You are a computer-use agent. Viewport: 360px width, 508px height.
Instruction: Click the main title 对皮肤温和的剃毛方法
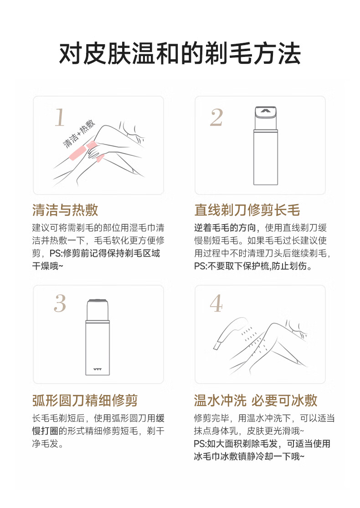pos(180,53)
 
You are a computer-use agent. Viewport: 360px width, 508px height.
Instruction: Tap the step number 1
pos(60,117)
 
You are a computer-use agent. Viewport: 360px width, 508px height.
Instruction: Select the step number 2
pos(216,117)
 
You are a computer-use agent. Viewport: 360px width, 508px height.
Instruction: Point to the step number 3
pos(60,303)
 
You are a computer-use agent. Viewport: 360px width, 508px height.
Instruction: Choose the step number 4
pos(216,303)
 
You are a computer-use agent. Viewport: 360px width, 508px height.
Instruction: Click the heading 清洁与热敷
pos(65,210)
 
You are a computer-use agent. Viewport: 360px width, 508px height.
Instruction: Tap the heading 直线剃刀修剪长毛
pos(247,210)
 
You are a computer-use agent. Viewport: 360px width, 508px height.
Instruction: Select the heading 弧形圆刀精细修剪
pos(85,400)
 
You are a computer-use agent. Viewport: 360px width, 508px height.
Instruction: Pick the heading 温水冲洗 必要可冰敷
pos(255,400)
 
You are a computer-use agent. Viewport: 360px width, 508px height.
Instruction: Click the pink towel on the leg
pos(82,151)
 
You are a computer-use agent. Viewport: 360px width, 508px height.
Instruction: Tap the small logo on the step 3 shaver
pos(97,369)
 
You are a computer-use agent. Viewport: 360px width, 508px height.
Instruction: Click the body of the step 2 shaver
pos(266,157)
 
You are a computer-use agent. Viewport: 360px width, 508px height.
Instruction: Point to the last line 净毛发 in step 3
pos(47,443)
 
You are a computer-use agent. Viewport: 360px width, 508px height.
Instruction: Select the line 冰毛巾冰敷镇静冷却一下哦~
pos(249,456)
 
